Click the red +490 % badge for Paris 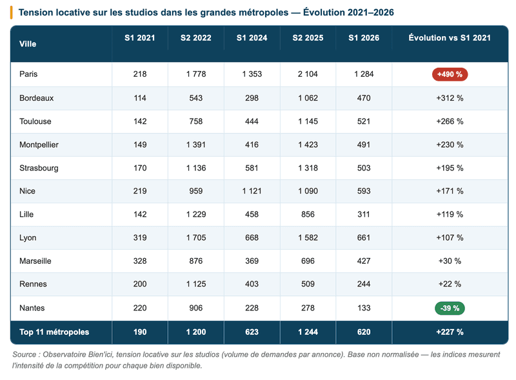450,74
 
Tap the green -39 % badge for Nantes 450,308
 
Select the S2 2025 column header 308,38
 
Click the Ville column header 28,44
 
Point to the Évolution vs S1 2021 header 450,38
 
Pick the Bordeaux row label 36,98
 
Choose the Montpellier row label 39,145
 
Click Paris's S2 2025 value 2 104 308,74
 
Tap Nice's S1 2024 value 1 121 252,191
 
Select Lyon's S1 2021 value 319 140,238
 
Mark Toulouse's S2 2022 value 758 196,121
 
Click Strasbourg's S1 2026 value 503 364,168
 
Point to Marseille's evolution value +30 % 450,261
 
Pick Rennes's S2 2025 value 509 308,284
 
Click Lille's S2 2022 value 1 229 196,214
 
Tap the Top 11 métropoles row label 54,332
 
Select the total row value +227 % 450,332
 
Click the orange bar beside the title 12,12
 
